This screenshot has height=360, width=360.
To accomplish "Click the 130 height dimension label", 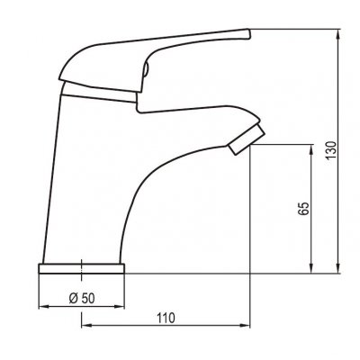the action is pos(332,149).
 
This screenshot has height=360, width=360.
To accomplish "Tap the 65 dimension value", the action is pos(303,209).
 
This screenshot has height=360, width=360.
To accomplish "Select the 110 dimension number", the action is pos(166,318).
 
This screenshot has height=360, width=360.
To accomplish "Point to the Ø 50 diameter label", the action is pos(82,298).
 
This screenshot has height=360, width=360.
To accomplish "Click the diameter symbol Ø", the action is pos(74,298).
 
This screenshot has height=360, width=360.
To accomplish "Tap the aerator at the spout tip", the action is pos(247,139).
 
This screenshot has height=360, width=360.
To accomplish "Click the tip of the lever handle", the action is pos(248,33).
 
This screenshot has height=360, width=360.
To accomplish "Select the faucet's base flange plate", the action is pos(82,268).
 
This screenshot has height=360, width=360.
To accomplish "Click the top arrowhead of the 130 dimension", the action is pos(338,33).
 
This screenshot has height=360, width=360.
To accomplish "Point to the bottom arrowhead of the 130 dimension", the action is pos(338,269).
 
